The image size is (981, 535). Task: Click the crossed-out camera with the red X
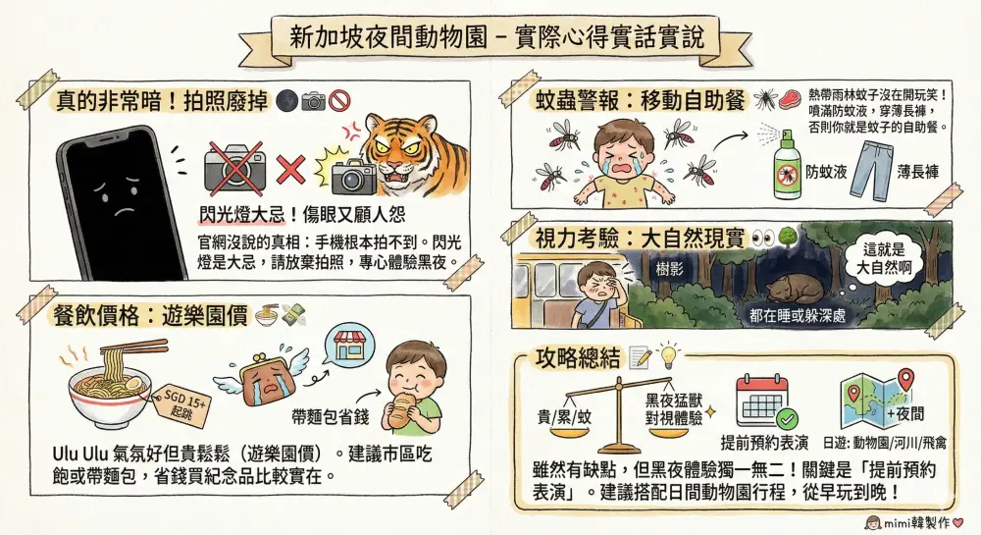coord(234,167)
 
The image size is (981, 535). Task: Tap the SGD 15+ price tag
coord(181,403)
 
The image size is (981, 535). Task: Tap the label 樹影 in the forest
coord(669,269)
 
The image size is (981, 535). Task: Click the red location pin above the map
coord(905,379)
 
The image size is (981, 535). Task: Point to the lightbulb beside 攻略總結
coord(668,353)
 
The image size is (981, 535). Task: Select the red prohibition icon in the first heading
coord(339,100)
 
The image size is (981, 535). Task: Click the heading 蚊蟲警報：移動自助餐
coord(641,99)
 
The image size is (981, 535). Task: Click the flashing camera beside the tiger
coord(353,174)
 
